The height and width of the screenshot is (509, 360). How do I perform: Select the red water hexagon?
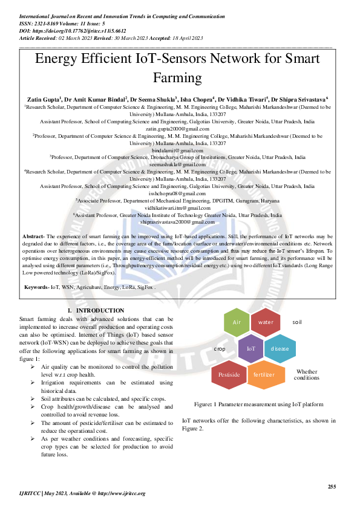[x=266, y=322]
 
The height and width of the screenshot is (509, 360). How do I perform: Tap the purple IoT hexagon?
[x=251, y=349]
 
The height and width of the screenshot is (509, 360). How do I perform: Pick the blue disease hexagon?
[x=280, y=349]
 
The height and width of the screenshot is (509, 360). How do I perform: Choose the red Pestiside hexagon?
[x=229, y=375]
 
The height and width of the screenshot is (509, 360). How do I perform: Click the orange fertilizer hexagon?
[x=264, y=375]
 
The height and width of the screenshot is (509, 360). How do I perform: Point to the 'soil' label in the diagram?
[x=297, y=322]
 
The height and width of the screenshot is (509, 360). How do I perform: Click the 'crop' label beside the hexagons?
[x=220, y=349]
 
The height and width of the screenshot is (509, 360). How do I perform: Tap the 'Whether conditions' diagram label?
[x=306, y=375]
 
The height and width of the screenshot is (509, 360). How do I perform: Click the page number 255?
[x=332, y=487]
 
